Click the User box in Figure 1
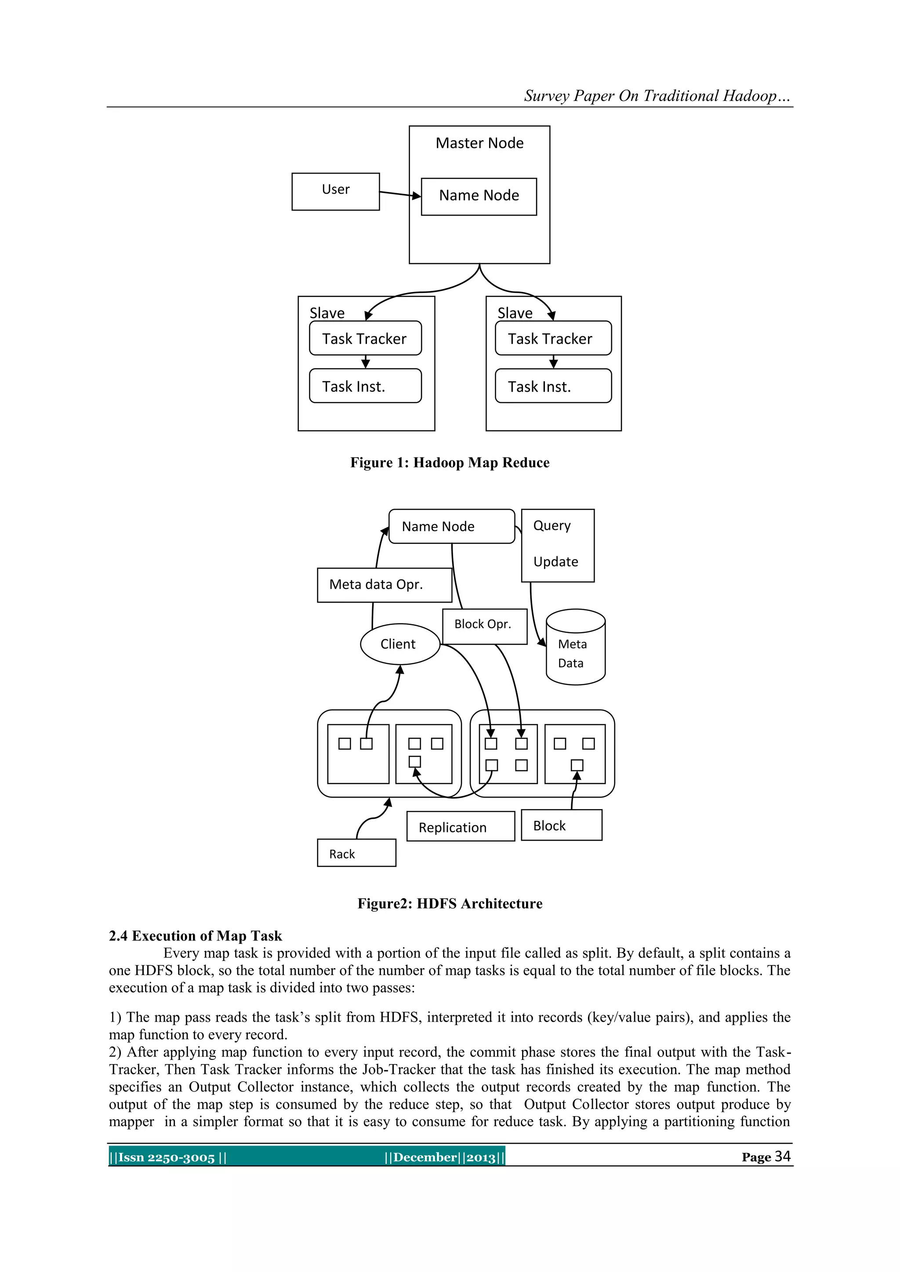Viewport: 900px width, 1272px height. pos(335,191)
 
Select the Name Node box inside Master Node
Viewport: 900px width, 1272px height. pos(479,196)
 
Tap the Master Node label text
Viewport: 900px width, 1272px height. pos(479,143)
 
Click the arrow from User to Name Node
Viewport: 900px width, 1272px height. pos(399,194)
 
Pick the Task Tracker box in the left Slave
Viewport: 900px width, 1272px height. pos(365,338)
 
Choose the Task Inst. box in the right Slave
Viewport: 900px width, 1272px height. pos(553,386)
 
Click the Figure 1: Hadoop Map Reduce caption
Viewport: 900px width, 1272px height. pos(450,463)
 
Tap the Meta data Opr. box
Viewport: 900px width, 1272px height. pos(384,585)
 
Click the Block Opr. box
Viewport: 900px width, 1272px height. pos(484,626)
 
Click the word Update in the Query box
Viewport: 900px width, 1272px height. pos(556,562)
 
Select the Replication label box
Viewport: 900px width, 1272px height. pos(460,827)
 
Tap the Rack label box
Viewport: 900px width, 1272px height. pos(356,853)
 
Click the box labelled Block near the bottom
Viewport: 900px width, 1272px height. pos(561,825)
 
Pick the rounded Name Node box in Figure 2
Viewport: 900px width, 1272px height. pos(451,526)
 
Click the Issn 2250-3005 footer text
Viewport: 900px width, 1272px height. pos(167,1157)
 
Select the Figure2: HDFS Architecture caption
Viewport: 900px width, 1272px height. pos(450,903)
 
